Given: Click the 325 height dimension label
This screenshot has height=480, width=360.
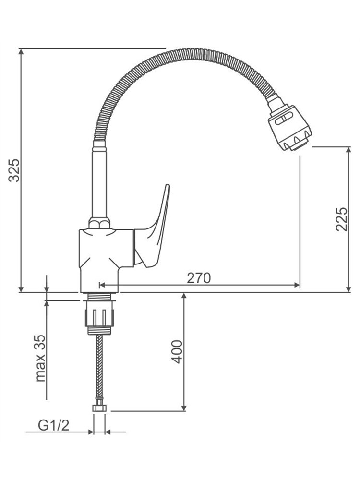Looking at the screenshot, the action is pos(14,170).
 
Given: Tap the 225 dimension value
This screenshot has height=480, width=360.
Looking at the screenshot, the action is pos(342,219).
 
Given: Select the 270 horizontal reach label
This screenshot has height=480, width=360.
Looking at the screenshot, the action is pos(199,278).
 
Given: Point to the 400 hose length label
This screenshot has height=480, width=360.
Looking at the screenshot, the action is pos(177,352).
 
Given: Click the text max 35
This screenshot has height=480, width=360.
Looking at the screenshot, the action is pos(40,358).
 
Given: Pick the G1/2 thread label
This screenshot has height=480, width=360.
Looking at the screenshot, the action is pos(54,425).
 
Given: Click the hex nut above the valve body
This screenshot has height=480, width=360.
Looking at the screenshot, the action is pos(99,223).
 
